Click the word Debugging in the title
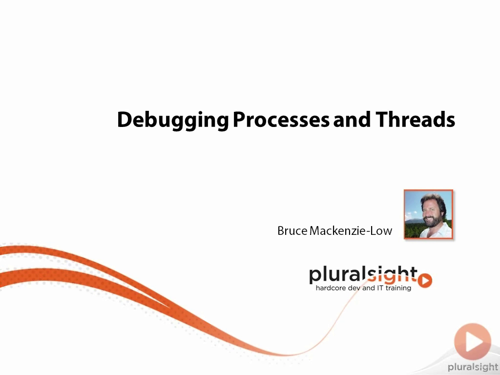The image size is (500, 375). click(x=173, y=121)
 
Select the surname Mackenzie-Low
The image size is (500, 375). click(x=351, y=230)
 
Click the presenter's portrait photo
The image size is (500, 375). click(x=428, y=214)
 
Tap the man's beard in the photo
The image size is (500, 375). click(x=432, y=221)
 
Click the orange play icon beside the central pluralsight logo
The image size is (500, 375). click(x=425, y=280)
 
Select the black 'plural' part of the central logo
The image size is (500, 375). click(x=337, y=275)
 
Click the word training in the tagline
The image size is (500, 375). click(x=398, y=288)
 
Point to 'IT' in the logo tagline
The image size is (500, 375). click(x=380, y=288)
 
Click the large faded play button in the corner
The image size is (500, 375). click(x=473, y=341)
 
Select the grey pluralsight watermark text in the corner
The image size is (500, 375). click(x=473, y=367)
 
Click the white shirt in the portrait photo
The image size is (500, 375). click(x=441, y=231)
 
